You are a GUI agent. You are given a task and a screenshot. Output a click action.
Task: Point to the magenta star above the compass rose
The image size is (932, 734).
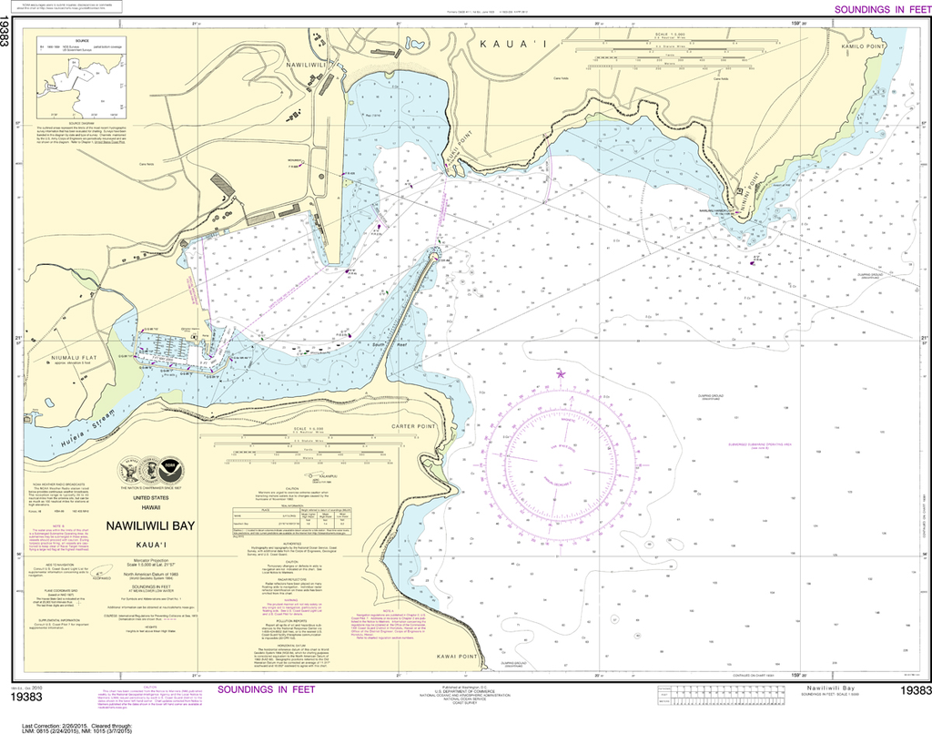pyautogui.click(x=560, y=372)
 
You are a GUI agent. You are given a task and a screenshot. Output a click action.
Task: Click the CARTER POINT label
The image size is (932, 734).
pyautogui.click(x=415, y=425)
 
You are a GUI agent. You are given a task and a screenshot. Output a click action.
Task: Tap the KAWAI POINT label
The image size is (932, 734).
pyautogui.click(x=456, y=657)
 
